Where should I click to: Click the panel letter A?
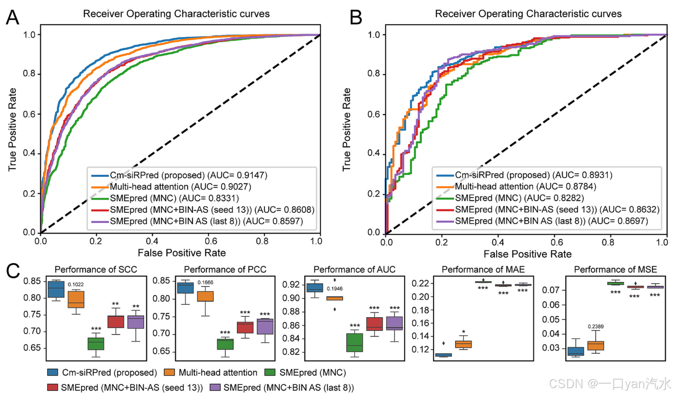12,18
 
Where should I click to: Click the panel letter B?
356,18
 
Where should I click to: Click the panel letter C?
13,271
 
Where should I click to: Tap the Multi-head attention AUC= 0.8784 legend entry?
525,186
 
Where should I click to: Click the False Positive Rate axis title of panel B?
527,254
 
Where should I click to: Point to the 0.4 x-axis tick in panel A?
152,241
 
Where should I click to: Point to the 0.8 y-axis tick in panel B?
374,74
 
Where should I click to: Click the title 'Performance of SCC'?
95,270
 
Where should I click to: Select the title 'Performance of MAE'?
483,270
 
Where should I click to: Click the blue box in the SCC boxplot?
56,289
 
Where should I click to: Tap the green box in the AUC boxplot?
354,342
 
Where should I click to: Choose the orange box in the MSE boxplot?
595,345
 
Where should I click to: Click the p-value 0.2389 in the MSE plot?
595,327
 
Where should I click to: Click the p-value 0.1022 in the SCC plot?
76,284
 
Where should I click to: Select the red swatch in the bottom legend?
52,387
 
